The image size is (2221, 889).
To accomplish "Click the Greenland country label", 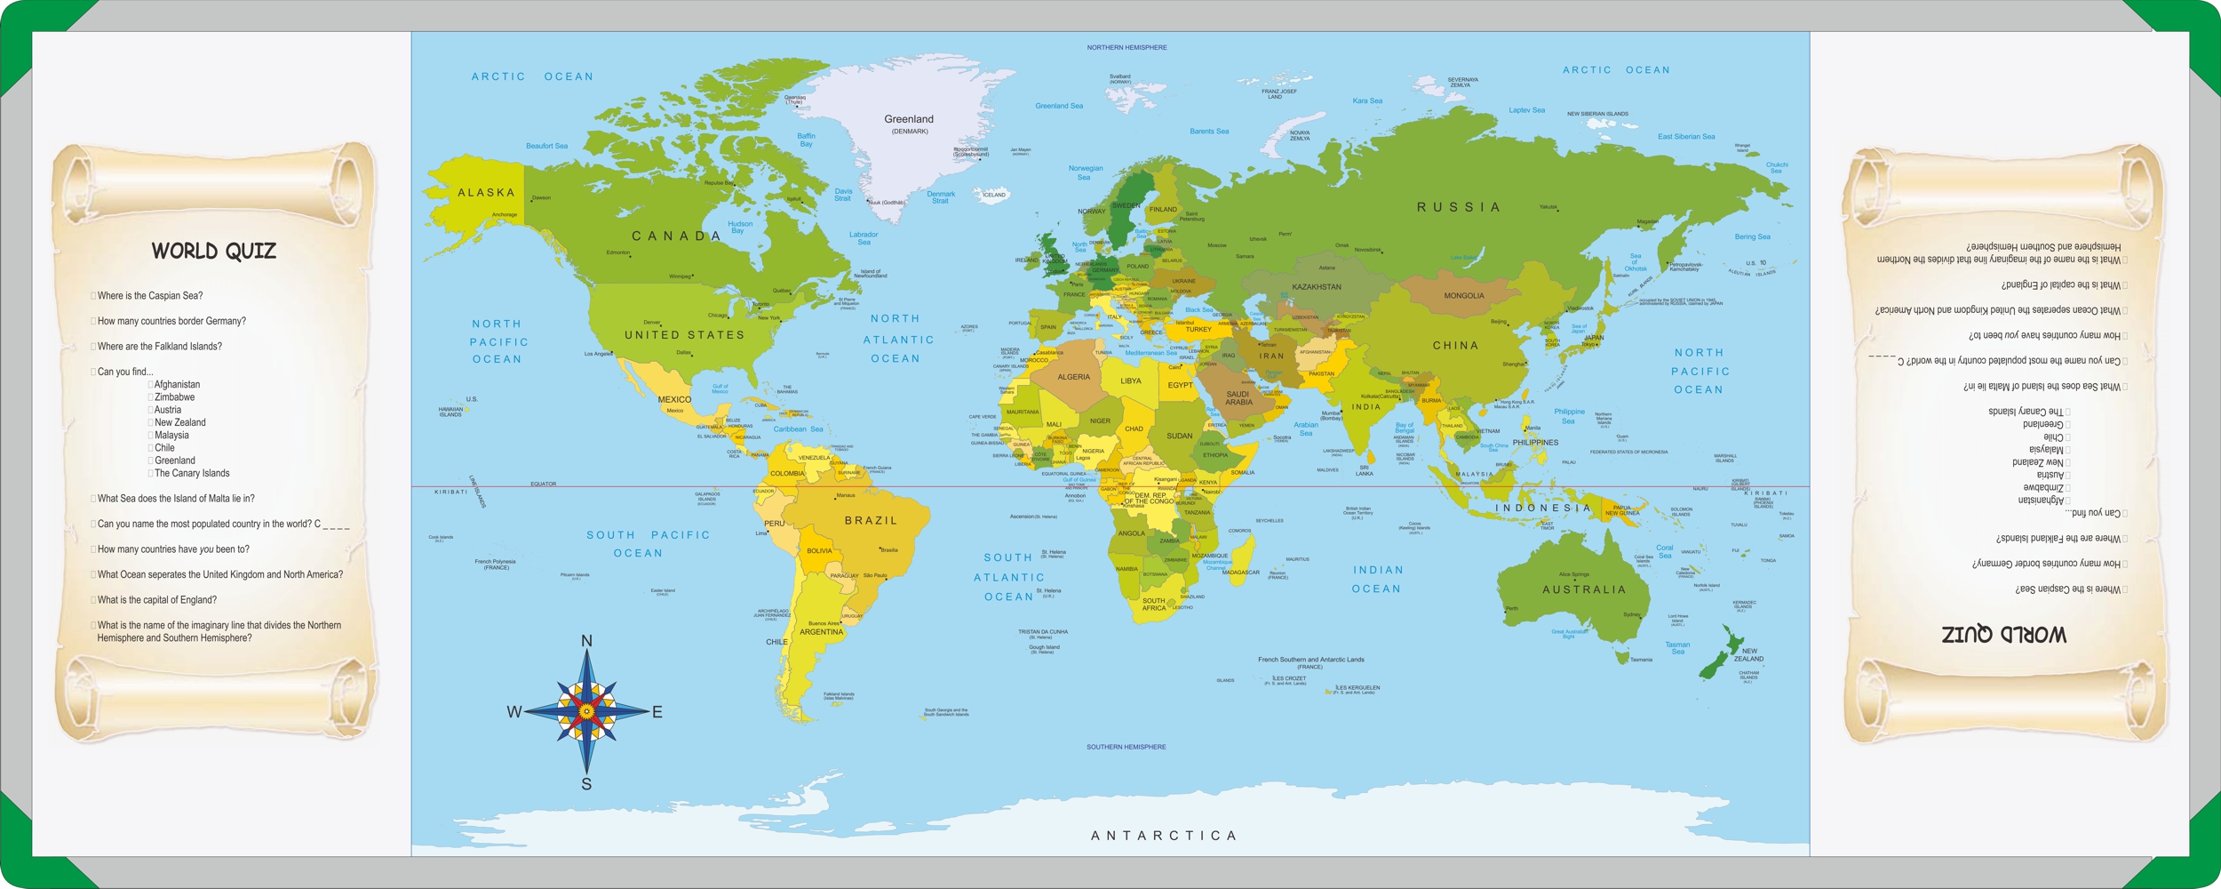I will (908, 119).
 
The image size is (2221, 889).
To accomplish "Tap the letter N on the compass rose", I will (586, 641).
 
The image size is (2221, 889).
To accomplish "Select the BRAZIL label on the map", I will (871, 521).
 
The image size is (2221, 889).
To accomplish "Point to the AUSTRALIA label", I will (1584, 589).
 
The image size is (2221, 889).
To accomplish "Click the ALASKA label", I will (486, 193).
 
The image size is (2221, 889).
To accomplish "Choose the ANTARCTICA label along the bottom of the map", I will (1163, 836).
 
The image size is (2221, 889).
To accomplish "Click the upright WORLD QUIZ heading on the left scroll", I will (213, 252).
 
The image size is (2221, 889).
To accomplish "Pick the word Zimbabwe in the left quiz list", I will (174, 397).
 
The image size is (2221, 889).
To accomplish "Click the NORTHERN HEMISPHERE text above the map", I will (1126, 47).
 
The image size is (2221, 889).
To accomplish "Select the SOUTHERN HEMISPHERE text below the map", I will (1126, 747).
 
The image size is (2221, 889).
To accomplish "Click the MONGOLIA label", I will (1463, 296).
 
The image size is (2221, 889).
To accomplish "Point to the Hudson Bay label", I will (739, 227).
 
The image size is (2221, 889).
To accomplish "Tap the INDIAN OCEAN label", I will (1377, 579).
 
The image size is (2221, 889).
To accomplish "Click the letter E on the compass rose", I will (657, 712).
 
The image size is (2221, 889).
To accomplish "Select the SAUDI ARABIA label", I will (1238, 397).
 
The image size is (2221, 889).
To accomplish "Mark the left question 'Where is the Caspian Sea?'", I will (150, 296).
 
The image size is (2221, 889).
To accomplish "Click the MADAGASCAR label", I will (1240, 573).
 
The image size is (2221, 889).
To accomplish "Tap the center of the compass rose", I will (586, 710).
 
